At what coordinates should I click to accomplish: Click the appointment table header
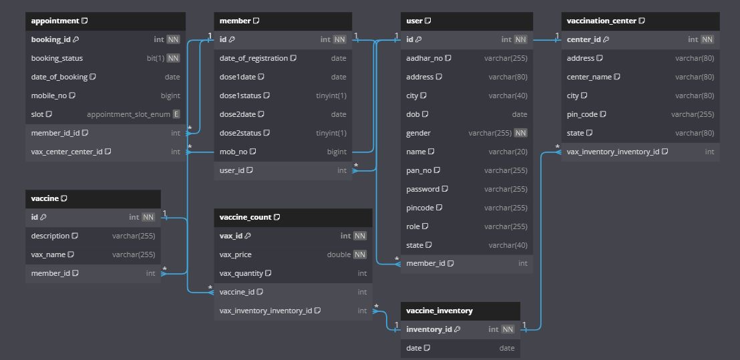[x=55, y=21]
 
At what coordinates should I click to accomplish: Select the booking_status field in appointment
[x=57, y=58]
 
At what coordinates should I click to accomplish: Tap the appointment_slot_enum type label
[x=128, y=114]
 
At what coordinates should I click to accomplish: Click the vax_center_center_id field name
[x=67, y=152]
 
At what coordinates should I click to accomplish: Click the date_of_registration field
[x=253, y=58]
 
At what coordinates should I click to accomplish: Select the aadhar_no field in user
[x=424, y=58]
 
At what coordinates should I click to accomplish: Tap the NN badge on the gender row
[x=520, y=133]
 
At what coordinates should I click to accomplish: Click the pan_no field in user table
[x=419, y=170]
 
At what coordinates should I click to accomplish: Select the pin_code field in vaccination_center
[x=582, y=114]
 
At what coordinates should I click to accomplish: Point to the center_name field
[x=589, y=77]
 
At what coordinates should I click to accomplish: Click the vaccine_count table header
[x=245, y=217]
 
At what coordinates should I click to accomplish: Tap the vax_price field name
[x=235, y=254]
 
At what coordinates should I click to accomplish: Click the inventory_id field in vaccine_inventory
[x=429, y=329]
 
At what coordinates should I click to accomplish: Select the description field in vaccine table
[x=50, y=236]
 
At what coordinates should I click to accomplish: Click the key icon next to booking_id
[x=76, y=39]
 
